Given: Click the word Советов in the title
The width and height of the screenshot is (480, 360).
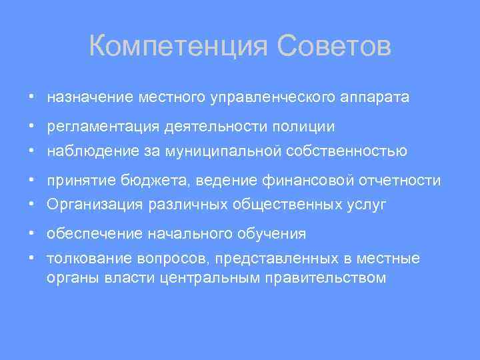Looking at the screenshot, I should click(x=333, y=47).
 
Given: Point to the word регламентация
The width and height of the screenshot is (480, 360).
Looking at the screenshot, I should click(x=99, y=126).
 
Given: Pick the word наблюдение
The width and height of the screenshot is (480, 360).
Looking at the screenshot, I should click(x=93, y=151).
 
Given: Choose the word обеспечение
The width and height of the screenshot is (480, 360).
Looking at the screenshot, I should click(x=93, y=234).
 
